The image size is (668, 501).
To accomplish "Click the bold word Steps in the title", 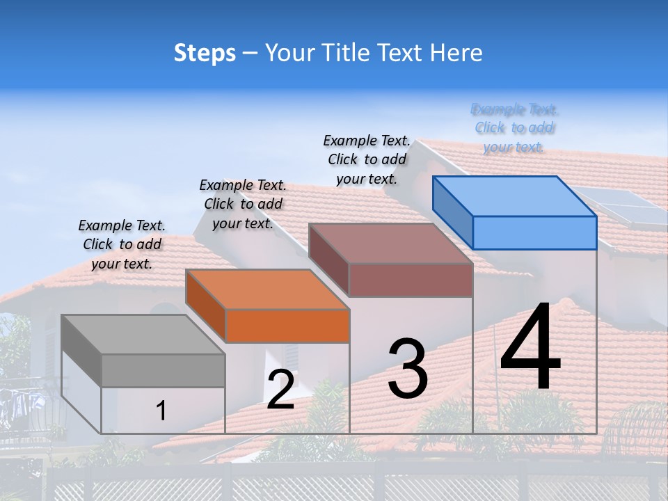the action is point(205,53).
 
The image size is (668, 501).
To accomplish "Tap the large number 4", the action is point(530,348).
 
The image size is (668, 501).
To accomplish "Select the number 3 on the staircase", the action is point(408,369).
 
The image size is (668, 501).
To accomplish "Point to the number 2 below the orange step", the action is point(280,390).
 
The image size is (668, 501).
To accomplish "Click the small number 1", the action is point(161,411).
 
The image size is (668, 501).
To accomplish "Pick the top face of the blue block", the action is point(515,196).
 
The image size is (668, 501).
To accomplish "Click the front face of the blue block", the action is point(534,232).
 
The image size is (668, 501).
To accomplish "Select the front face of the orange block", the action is point(287,326).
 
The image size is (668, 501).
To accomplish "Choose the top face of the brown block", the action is point(391,243).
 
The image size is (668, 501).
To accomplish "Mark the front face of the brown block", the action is point(411,280).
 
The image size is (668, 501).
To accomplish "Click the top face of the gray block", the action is point(143,334).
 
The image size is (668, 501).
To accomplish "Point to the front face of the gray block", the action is point(163,370).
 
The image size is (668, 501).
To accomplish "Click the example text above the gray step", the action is point(122,244).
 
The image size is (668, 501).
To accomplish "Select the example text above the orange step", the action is point(243,204).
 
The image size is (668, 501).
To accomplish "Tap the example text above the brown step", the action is point(367,159).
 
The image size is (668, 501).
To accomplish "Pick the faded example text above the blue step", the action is point(514,128).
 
